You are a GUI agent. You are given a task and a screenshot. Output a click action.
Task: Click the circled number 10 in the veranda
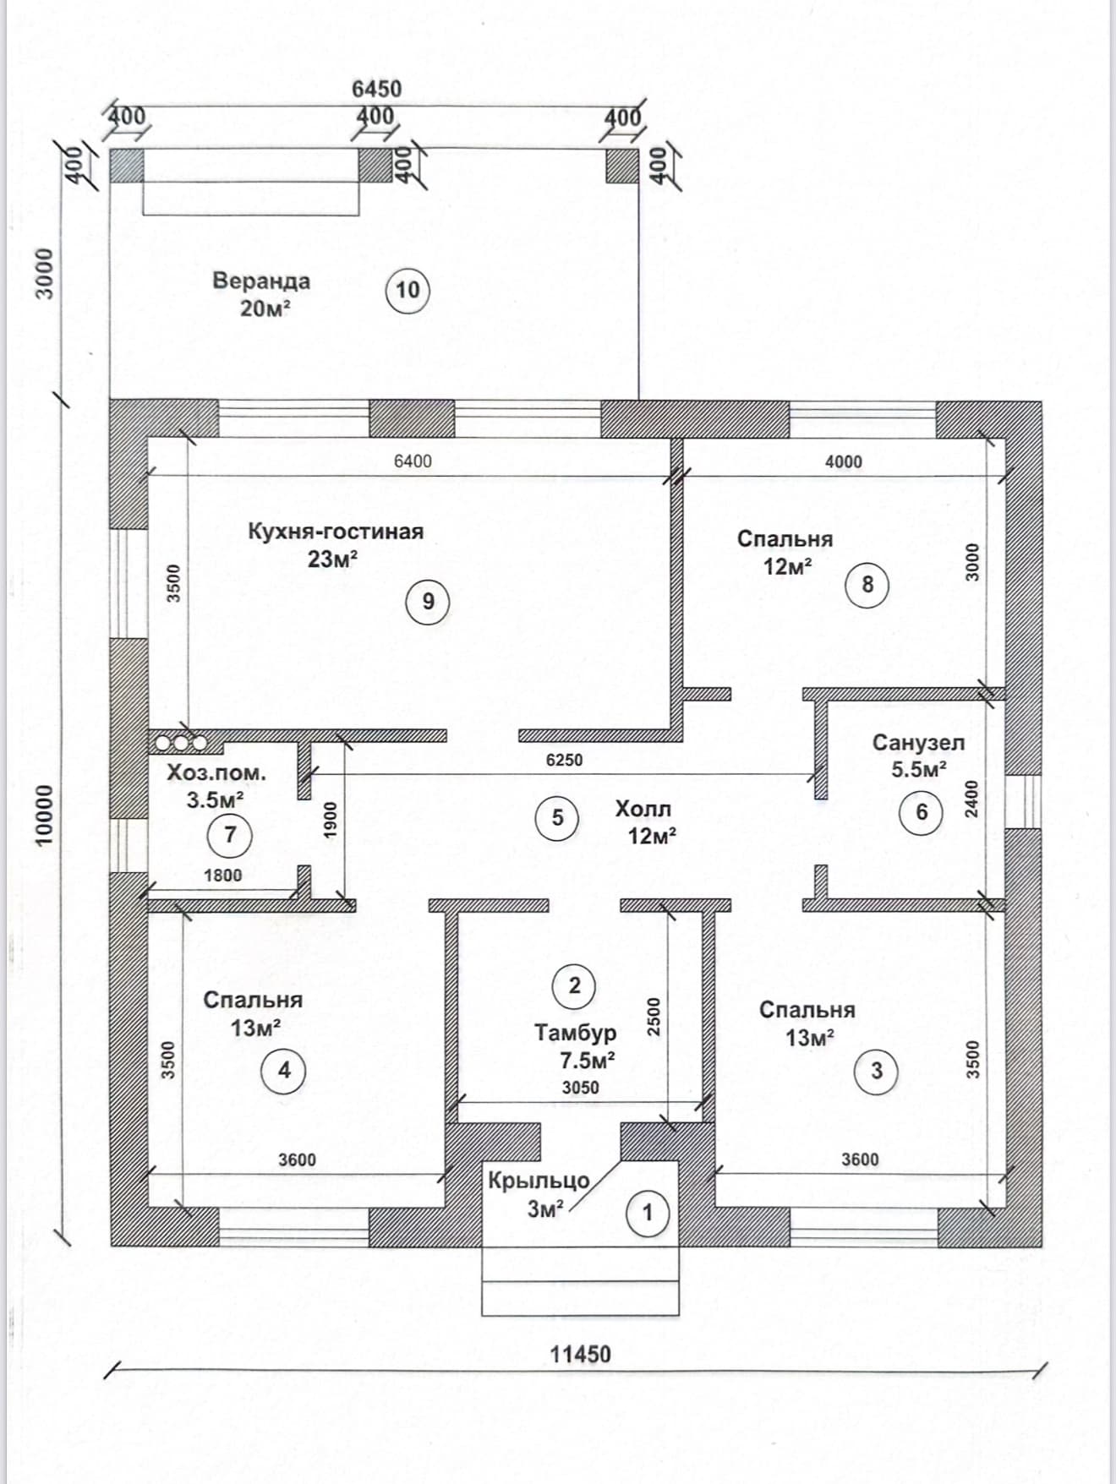click(408, 290)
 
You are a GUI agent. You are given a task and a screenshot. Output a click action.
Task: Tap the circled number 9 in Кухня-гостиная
click(428, 601)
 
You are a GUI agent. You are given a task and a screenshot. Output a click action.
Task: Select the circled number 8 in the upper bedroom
click(867, 584)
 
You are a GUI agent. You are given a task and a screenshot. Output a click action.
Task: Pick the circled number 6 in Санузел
click(922, 812)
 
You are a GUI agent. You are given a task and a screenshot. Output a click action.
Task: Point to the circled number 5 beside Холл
click(557, 817)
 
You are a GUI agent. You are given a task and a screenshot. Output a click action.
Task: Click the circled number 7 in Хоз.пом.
click(230, 835)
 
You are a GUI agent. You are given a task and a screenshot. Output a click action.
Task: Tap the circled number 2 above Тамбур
click(575, 985)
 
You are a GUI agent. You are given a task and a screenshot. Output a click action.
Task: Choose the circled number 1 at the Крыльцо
click(648, 1213)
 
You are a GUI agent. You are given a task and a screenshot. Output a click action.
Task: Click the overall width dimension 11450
click(580, 1354)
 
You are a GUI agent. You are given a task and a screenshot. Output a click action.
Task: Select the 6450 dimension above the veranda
click(376, 89)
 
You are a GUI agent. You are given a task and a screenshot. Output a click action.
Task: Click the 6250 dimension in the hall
click(564, 760)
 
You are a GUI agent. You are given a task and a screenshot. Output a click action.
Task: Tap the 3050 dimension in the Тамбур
click(580, 1088)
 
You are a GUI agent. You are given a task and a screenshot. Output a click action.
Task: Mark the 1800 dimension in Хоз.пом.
click(222, 876)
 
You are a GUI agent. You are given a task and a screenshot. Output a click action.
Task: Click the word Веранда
click(261, 281)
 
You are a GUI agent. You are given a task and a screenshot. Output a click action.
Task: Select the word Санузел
click(918, 743)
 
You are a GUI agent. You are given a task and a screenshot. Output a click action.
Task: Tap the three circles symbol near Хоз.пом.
click(181, 743)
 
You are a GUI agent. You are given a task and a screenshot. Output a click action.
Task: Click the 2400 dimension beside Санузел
click(971, 798)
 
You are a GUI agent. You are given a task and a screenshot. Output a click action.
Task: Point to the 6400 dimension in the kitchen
click(413, 461)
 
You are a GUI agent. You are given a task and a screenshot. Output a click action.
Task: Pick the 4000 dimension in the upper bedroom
click(844, 461)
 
